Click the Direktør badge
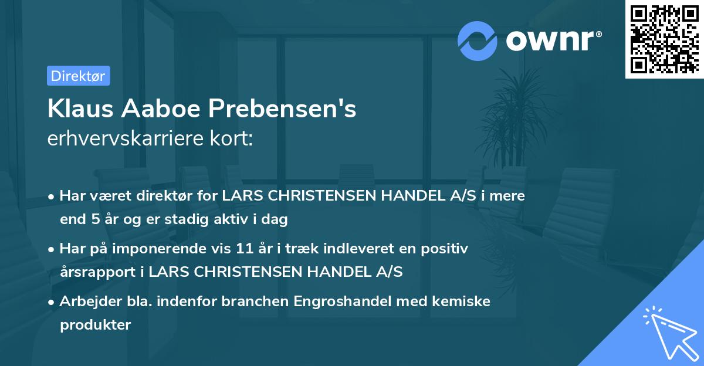[78, 76]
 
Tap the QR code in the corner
[664, 39]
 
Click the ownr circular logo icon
[478, 40]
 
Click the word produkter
[95, 324]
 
